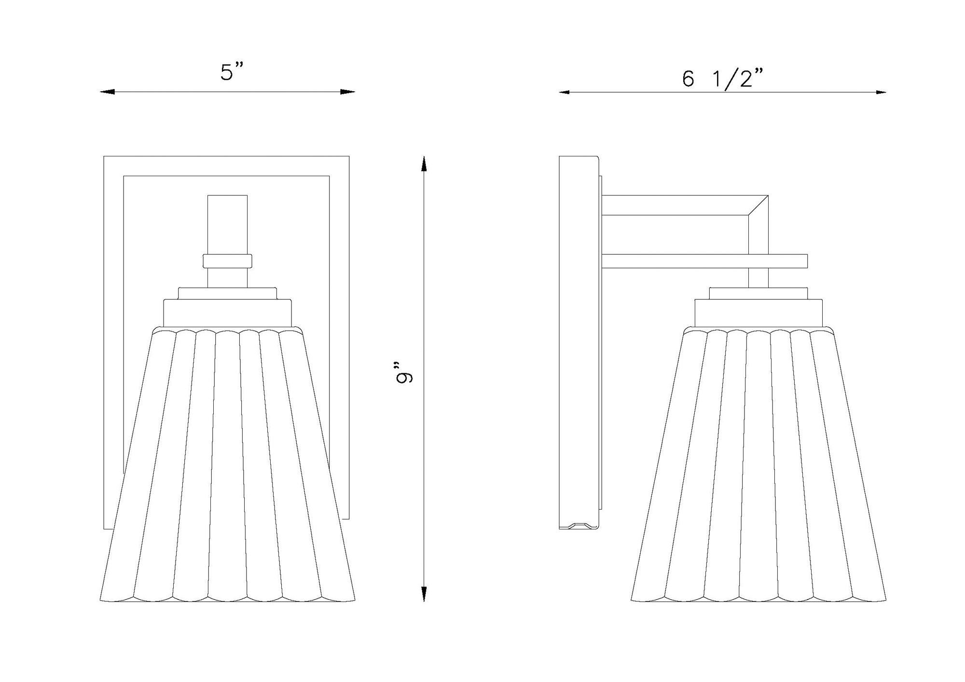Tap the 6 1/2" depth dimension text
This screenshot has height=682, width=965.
coord(723,78)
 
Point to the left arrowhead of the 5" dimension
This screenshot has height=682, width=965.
coord(107,92)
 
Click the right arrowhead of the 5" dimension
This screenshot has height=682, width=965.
coord(348,92)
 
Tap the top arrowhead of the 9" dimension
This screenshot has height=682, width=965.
coord(424,164)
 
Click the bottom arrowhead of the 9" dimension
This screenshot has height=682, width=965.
coord(424,594)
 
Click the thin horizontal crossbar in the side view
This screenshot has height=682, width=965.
coord(704,261)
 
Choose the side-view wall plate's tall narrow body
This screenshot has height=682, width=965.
coord(579,338)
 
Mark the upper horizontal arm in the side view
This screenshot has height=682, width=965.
coord(675,205)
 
